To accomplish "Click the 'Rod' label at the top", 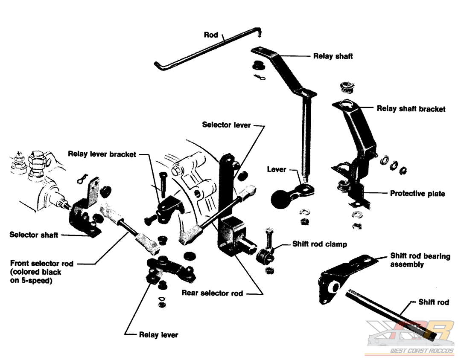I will click(211, 35).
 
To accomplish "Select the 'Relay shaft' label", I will click(333, 56).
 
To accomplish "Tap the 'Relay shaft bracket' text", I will click(411, 109).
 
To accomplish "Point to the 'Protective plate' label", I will click(417, 194).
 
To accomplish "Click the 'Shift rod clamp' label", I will click(319, 244).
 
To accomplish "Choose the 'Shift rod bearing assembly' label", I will click(420, 260).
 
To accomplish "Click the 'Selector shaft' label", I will click(34, 235).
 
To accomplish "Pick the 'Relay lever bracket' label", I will click(102, 154).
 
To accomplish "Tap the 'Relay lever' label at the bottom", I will click(158, 335).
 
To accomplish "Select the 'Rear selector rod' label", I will click(212, 293).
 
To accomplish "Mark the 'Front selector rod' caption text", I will click(41, 272).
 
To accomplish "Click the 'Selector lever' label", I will click(226, 125).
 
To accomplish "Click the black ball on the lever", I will click(282, 199).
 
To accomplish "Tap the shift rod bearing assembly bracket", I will click(341, 277).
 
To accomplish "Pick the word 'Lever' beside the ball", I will click(276, 169).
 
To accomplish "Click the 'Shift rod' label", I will click(433, 302).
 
